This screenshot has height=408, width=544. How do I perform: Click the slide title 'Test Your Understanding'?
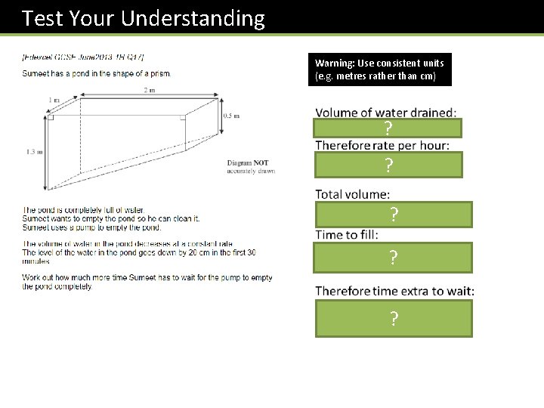[x=144, y=18]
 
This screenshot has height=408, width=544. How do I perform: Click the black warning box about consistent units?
[x=379, y=70]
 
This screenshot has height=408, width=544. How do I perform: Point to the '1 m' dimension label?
[x=54, y=100]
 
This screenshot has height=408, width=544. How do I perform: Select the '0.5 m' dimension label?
[x=232, y=116]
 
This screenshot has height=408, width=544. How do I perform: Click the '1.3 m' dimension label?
[x=33, y=152]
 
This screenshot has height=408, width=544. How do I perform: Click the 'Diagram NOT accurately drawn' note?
[x=251, y=167]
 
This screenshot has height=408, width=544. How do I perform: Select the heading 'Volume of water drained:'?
[x=385, y=113]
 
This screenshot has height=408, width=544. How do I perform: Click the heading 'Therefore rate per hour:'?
[x=382, y=145]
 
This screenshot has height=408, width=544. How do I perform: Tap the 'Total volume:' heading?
[x=352, y=194]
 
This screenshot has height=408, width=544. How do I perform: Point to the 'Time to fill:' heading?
[x=347, y=234]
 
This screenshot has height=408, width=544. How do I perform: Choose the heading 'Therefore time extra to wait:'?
[x=394, y=291]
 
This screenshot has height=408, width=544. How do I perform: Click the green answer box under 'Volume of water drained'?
[x=388, y=128]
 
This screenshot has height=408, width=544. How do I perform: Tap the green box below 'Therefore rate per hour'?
[x=388, y=165]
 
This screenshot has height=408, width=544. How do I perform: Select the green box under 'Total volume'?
[x=393, y=215]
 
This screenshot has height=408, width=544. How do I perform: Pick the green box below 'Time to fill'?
[x=393, y=258]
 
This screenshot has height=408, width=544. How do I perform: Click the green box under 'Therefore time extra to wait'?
[x=393, y=318]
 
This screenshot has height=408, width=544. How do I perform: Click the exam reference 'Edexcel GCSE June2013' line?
[x=83, y=57]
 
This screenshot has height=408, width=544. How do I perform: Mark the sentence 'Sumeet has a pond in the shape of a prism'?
[x=97, y=73]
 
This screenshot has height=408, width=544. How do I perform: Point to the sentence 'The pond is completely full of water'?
[x=83, y=209]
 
